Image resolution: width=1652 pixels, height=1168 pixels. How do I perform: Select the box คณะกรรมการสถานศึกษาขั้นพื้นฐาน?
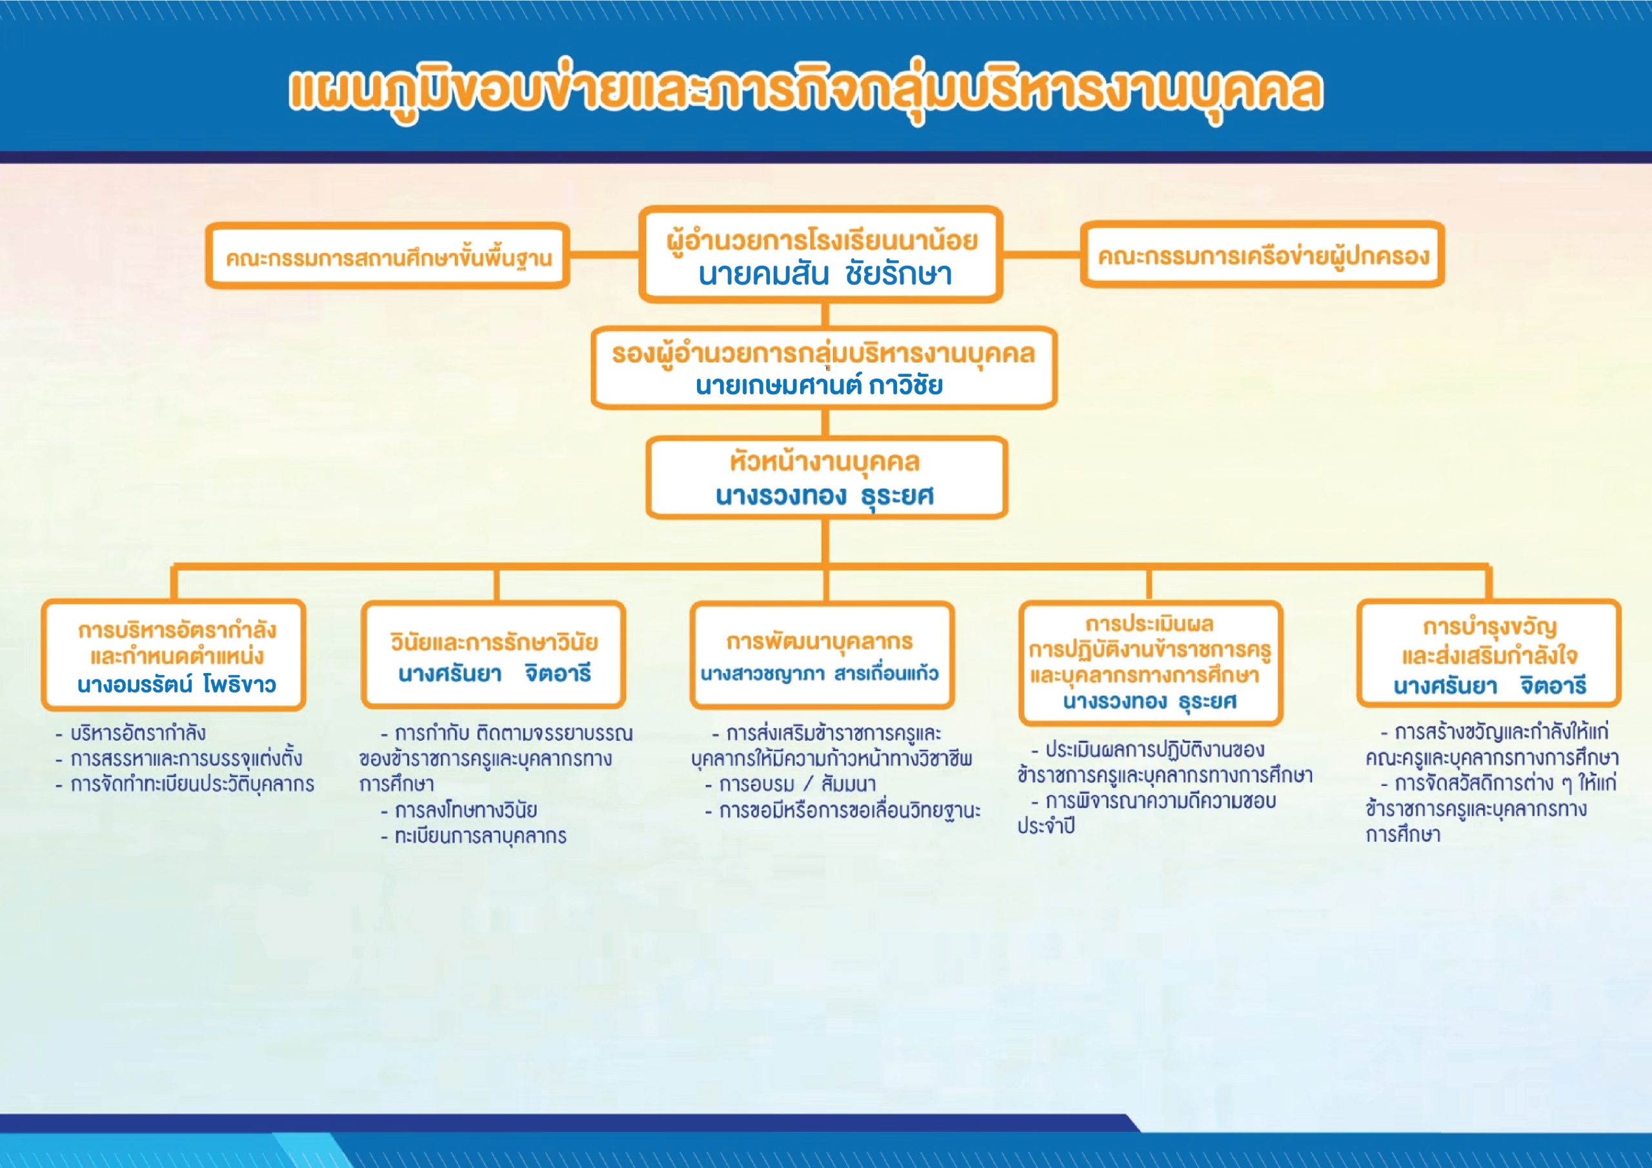click(388, 256)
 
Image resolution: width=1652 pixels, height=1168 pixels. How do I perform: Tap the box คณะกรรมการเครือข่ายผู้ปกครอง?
click(1263, 255)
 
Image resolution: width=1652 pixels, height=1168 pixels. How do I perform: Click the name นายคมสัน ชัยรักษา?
click(825, 274)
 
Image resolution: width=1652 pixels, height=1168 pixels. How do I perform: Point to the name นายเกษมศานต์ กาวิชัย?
click(819, 386)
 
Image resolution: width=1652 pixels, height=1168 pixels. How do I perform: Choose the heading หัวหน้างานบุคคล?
click(825, 462)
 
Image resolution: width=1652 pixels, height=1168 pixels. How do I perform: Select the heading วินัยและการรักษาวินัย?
click(494, 641)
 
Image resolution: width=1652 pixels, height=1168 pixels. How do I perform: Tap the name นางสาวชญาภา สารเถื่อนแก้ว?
click(820, 674)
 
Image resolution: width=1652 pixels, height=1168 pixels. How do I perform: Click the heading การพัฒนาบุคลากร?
click(820, 641)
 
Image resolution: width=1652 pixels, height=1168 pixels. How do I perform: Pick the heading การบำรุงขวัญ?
click(1489, 627)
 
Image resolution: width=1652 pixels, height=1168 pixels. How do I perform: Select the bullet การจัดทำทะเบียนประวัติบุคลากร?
click(185, 783)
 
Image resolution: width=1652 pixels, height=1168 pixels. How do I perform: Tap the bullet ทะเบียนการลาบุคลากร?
click(474, 836)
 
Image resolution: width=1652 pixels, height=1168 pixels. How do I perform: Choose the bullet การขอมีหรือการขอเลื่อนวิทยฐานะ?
click(843, 811)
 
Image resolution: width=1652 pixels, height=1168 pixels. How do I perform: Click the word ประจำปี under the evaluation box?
click(1046, 826)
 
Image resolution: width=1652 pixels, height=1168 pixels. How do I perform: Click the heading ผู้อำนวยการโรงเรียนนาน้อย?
click(821, 239)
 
